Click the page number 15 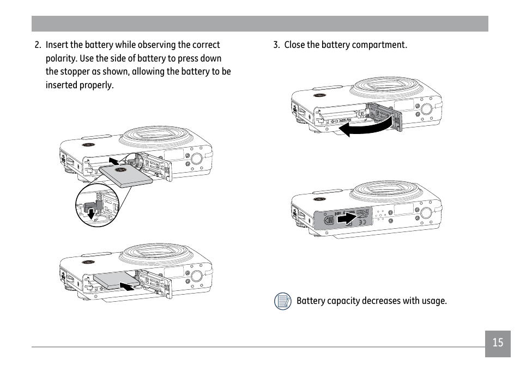[498, 342]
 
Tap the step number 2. [38, 45]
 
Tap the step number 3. [276, 45]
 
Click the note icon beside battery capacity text [282, 301]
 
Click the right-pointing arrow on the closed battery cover [347, 218]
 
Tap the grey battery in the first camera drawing [126, 176]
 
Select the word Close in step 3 [294, 45]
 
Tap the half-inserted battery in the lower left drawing [117, 280]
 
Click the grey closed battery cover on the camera [343, 218]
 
